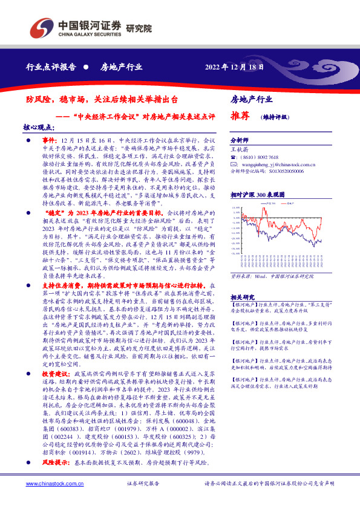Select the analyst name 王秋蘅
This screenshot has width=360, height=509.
[240, 148]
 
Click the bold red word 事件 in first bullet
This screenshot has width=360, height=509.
[48, 140]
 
